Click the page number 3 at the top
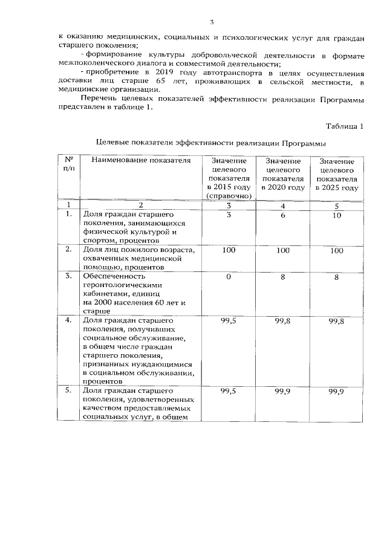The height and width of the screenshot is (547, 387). tap(212, 22)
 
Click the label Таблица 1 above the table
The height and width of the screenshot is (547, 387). tap(344, 127)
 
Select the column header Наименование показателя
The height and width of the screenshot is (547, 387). tap(136, 160)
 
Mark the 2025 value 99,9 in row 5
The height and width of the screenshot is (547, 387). tap(337, 392)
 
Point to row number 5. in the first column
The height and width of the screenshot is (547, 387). tap(69, 392)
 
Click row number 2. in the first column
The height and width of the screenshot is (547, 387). tap(69, 249)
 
